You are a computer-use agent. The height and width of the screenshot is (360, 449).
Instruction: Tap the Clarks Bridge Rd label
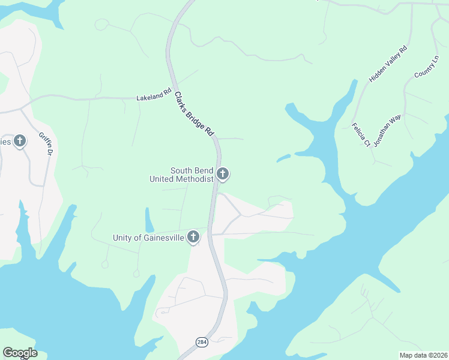(194, 113)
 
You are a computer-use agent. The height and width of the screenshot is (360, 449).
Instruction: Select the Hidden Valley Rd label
(388, 64)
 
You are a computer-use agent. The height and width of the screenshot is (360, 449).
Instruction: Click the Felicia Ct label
(361, 134)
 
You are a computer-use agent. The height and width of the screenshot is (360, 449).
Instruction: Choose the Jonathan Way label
(387, 131)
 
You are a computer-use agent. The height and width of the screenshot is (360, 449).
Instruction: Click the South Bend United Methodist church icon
(223, 175)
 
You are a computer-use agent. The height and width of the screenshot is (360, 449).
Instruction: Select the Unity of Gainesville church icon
(193, 237)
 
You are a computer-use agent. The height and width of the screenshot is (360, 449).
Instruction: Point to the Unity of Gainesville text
(147, 238)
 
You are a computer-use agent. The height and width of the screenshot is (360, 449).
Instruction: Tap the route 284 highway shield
(201, 341)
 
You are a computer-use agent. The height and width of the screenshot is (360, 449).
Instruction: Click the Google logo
(20, 353)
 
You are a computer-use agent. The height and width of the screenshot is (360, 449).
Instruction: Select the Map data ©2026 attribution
(423, 355)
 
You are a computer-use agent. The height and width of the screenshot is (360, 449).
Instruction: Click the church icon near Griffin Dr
(20, 142)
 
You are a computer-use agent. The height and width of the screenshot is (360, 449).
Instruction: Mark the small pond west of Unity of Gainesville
(148, 221)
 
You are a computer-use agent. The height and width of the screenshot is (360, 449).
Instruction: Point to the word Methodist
(195, 179)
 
